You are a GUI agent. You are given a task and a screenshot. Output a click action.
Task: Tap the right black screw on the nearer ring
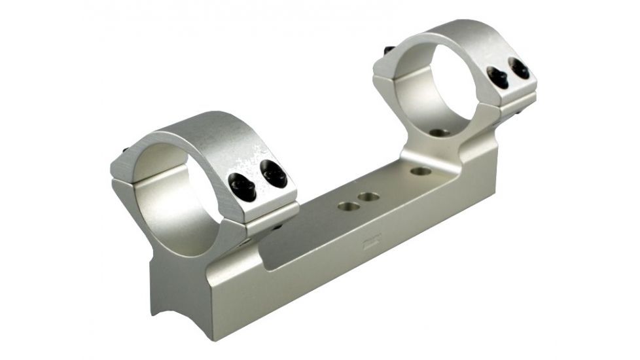(273, 175)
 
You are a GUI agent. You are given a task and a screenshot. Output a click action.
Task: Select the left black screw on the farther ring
(499, 79)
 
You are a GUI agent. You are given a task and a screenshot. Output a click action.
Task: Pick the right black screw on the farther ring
(520, 69)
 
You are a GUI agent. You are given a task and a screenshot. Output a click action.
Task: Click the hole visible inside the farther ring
(440, 132)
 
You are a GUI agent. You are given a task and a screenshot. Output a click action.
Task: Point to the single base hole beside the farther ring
(421, 171)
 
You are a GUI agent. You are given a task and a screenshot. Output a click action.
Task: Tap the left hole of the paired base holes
(347, 206)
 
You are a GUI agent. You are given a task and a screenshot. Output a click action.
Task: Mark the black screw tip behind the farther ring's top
(388, 50)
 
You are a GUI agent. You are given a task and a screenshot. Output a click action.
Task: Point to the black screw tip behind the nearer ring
(124, 152)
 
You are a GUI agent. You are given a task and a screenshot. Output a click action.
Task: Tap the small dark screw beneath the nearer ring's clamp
(278, 226)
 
